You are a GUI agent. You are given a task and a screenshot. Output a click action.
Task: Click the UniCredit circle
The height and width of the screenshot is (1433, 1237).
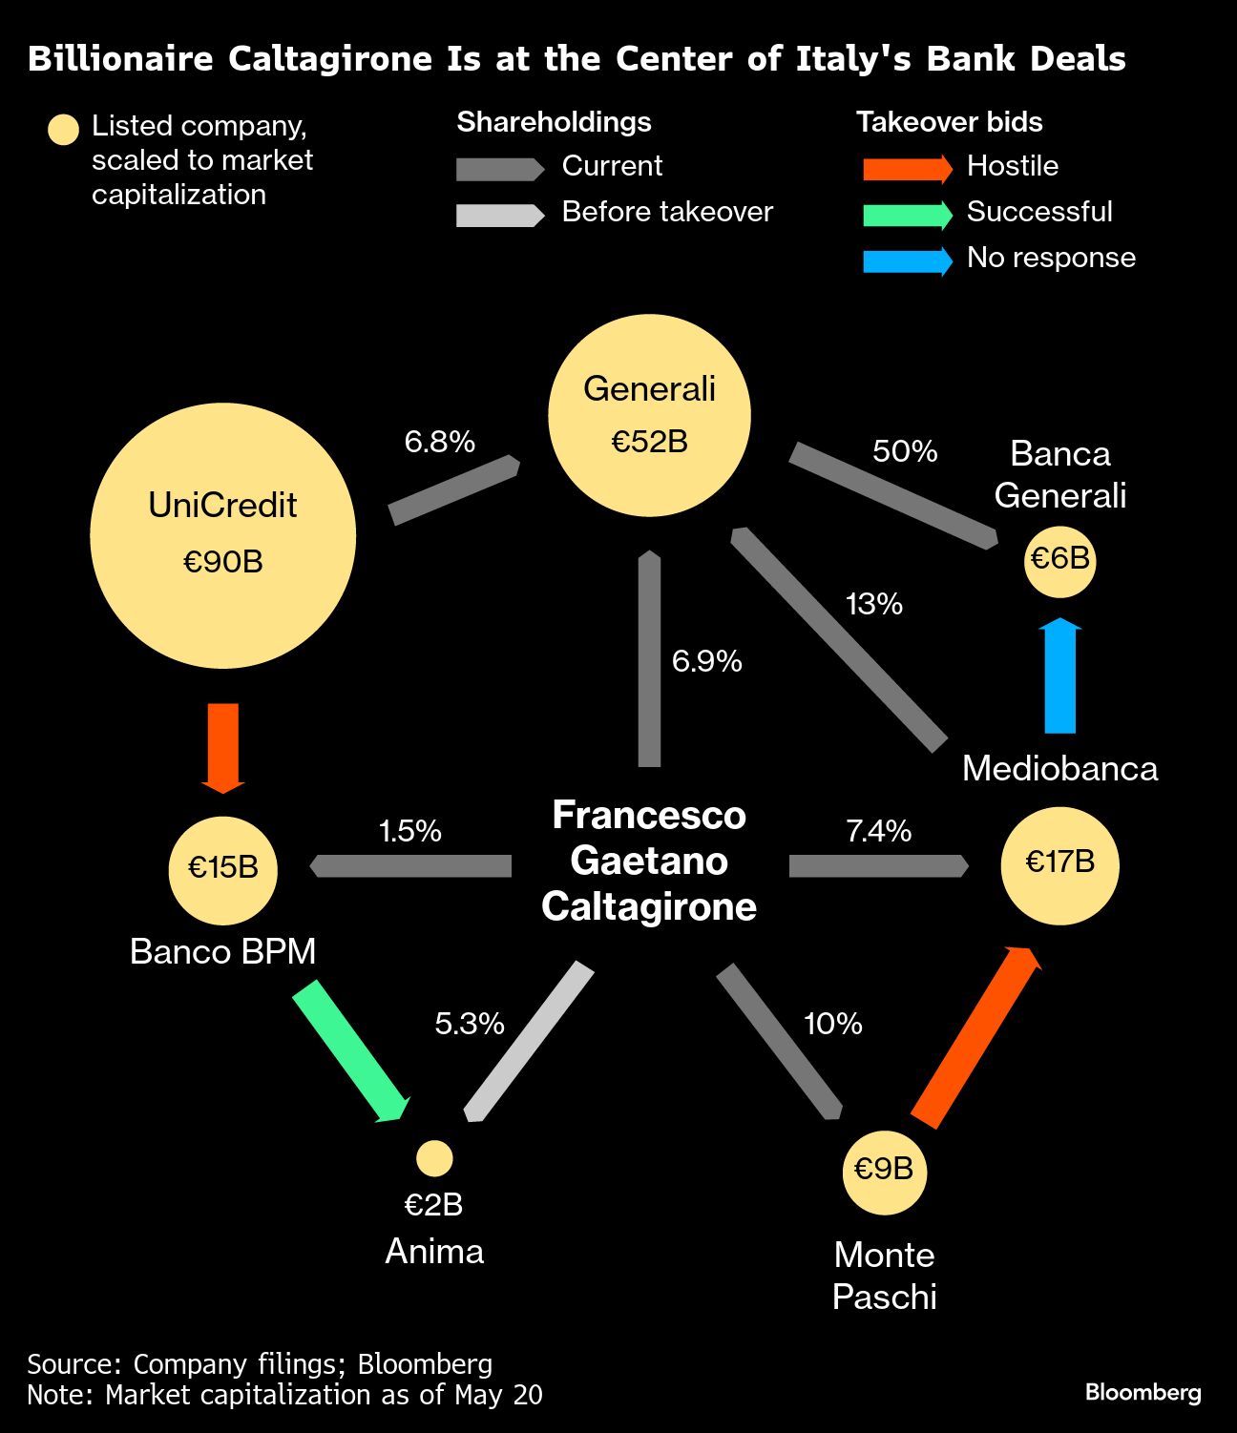[x=223, y=535]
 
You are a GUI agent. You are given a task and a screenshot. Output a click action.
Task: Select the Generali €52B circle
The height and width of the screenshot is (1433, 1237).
[x=649, y=415]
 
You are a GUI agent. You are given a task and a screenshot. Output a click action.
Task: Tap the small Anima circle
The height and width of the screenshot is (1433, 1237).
[x=434, y=1158]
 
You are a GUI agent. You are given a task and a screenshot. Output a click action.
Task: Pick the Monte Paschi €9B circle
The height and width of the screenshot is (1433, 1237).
[x=884, y=1170]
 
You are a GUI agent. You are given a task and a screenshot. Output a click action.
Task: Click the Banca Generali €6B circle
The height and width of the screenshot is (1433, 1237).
[x=1059, y=559]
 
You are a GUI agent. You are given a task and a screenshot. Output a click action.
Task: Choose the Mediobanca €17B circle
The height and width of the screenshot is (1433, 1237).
[x=1059, y=864]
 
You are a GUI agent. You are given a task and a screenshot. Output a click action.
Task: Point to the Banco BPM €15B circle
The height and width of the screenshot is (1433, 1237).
[x=223, y=868]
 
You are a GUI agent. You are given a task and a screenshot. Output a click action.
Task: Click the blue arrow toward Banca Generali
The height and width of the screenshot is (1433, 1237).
[x=1059, y=676]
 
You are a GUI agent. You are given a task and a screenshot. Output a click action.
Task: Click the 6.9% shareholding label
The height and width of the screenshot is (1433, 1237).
[x=706, y=661]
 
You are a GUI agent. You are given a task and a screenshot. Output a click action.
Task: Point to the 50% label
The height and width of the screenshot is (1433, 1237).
[x=905, y=451]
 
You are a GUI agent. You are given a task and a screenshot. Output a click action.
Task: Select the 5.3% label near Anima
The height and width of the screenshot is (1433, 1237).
[x=469, y=1024]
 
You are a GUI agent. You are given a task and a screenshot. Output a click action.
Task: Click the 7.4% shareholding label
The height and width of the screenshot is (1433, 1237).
[x=878, y=831]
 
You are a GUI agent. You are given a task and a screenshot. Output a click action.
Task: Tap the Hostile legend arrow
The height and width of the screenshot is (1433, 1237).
[x=907, y=169]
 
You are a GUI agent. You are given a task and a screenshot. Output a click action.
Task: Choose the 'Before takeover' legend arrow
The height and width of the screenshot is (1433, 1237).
[x=499, y=215]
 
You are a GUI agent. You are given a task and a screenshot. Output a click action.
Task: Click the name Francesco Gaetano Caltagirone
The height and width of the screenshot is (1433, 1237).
[x=649, y=861]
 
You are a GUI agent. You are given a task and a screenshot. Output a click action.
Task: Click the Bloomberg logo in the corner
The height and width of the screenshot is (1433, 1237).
[x=1143, y=1392]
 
